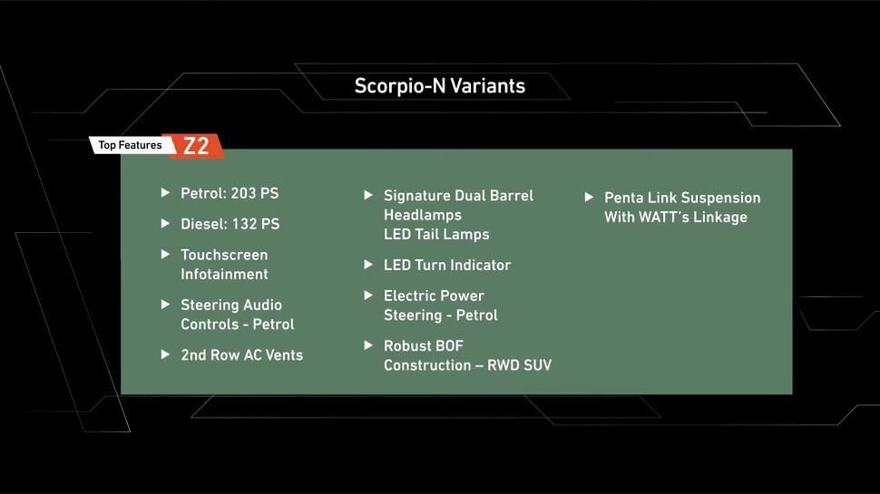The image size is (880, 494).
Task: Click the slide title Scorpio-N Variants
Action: coord(439,86)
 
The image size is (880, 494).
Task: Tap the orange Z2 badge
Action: coord(194,146)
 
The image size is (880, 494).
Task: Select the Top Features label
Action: coord(130,145)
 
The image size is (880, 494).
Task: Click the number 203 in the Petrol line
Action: coord(243,193)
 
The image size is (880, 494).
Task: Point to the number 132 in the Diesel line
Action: coord(243,224)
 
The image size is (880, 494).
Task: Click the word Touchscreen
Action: coord(224,255)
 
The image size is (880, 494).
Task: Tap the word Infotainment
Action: coord(224,275)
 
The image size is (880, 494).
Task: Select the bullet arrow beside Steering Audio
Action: coord(165,305)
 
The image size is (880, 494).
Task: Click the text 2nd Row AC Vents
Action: coord(242,355)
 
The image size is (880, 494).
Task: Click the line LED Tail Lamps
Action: coord(436,235)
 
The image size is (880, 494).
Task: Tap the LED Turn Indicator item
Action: coord(447,266)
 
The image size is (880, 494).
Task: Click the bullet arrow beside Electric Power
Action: coord(368,295)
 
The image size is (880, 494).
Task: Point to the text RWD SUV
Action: coord(519,365)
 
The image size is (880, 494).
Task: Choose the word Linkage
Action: coord(720,218)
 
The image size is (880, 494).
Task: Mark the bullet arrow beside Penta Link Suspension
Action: coord(590,198)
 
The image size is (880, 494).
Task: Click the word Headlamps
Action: coord(423,216)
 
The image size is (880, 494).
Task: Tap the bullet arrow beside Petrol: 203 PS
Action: coord(165,193)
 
